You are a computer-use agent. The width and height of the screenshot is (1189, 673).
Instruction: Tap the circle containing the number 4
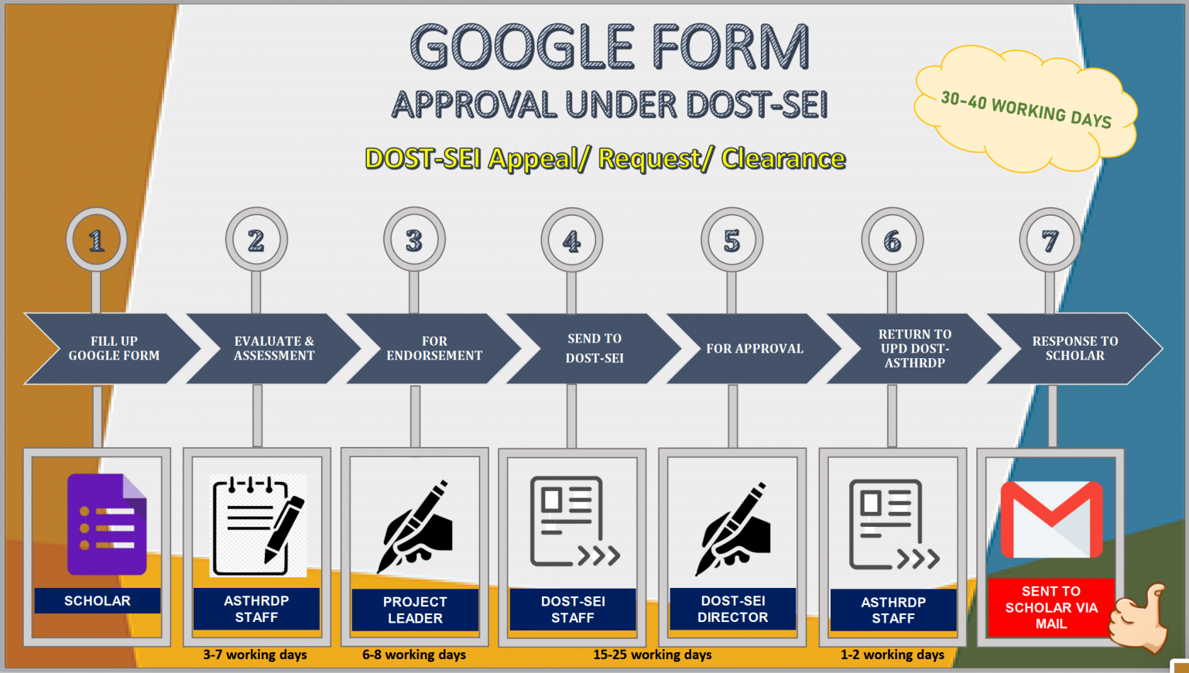point(572,240)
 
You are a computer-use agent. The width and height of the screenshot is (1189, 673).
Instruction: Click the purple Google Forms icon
point(107,524)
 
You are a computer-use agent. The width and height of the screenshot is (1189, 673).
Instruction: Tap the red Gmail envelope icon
point(1051,519)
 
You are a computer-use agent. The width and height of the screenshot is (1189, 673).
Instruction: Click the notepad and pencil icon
point(258,525)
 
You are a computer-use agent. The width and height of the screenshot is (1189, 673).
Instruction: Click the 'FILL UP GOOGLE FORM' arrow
point(112,348)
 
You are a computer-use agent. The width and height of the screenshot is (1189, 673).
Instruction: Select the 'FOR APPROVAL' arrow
point(754,348)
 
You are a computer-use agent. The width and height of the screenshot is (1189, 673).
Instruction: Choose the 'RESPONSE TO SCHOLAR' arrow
point(1074,348)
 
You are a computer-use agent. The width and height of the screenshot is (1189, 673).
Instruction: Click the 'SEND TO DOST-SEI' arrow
point(594,348)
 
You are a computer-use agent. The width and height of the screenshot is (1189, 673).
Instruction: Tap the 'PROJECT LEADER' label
point(415,610)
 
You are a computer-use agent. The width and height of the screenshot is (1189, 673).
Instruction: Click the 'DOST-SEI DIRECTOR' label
point(733,609)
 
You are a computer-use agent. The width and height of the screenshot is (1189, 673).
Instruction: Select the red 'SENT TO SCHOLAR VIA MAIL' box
point(1051,607)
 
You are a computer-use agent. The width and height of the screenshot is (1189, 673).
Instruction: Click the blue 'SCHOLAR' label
point(97,600)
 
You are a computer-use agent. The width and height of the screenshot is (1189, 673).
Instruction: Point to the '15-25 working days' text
point(653,654)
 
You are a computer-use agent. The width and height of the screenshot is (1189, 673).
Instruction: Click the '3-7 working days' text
point(255,654)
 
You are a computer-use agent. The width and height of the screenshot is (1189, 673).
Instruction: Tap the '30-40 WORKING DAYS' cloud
point(1026,109)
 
